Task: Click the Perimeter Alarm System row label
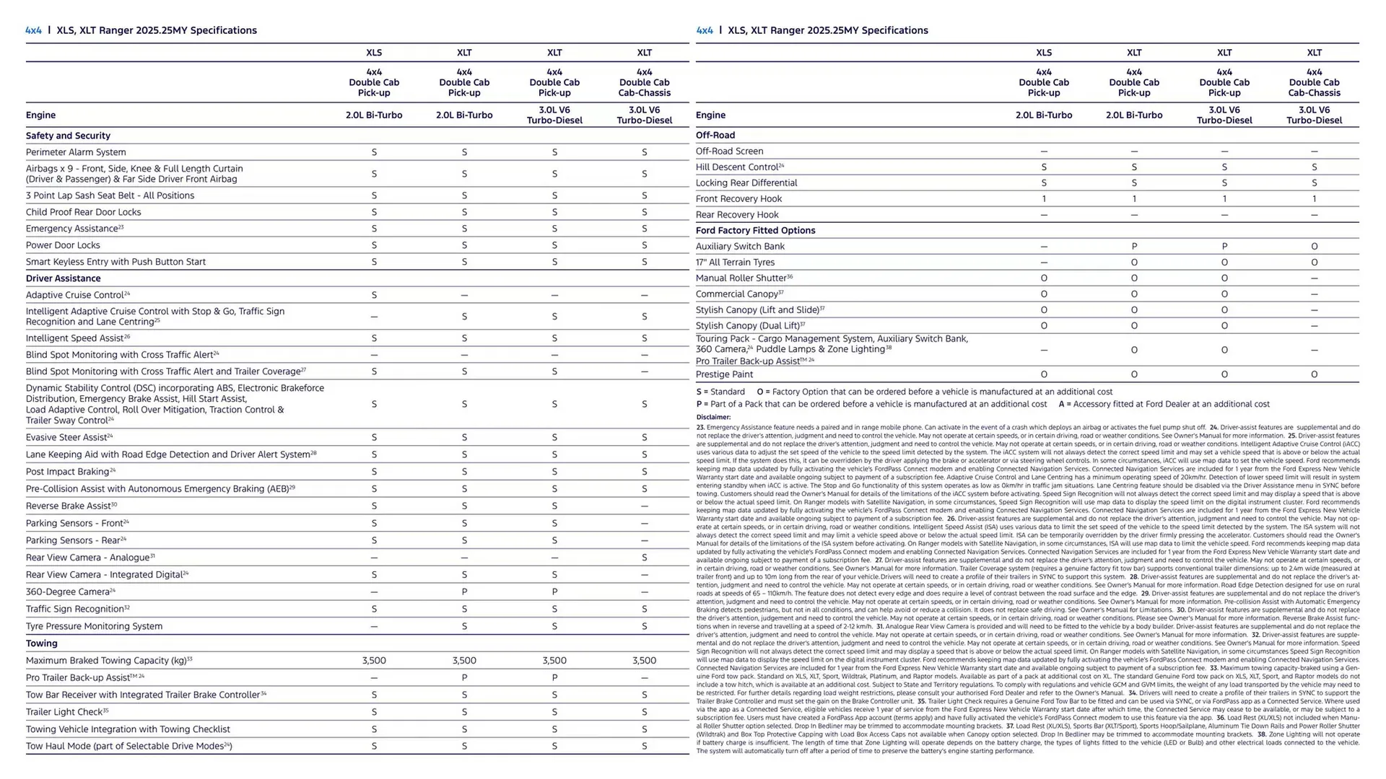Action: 76,152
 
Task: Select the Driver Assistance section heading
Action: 64,278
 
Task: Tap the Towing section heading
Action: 42,643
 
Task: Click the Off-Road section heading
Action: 715,135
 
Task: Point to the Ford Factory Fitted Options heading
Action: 755,231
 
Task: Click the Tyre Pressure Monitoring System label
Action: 94,626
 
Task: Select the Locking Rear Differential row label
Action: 746,183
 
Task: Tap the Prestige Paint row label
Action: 724,374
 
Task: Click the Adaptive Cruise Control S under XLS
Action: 374,295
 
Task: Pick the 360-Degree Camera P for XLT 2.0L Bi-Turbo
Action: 464,592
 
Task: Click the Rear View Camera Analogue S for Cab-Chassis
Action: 644,558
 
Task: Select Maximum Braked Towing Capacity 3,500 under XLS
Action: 374,661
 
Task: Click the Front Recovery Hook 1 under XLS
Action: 1044,199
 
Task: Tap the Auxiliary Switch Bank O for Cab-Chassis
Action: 1314,247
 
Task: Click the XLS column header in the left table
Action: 374,53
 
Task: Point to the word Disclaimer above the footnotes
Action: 713,417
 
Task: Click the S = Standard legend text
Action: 720,392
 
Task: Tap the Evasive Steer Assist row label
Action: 66,438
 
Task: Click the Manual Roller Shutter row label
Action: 741,278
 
